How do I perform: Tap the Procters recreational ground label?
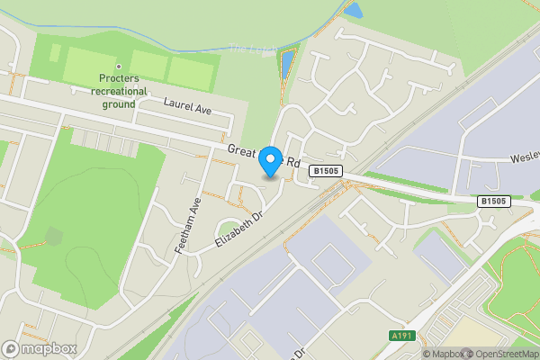click(118, 91)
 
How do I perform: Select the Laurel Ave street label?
click(186, 105)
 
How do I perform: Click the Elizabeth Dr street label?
click(237, 231)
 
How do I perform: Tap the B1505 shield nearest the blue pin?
click(324, 170)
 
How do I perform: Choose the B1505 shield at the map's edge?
click(493, 202)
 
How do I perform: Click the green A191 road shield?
click(402, 336)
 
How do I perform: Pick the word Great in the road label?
click(242, 150)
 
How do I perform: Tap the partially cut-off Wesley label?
click(524, 157)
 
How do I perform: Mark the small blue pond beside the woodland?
click(354, 11)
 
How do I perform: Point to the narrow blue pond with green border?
click(287, 63)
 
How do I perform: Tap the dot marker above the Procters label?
click(118, 67)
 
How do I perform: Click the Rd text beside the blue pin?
click(294, 154)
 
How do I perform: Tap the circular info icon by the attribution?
click(415, 354)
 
